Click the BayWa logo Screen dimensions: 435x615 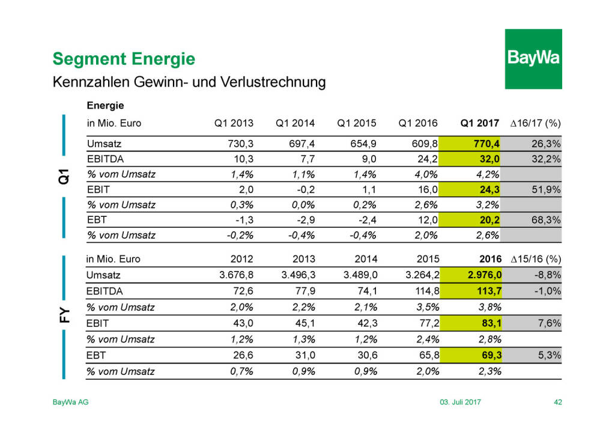coord(533,58)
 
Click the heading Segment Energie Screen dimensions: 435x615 coord(124,59)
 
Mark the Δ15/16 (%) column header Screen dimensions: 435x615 coord(535,260)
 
